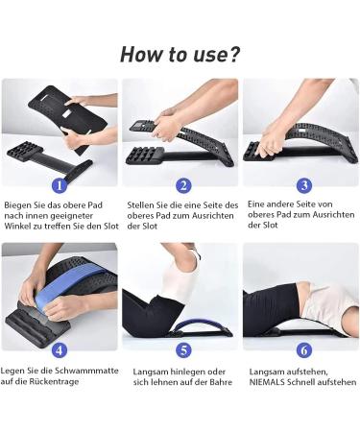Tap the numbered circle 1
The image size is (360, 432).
[59, 185]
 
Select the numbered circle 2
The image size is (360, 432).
[182, 185]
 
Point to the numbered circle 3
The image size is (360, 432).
[303, 185]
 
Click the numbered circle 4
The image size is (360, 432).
[59, 349]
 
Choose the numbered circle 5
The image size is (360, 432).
[182, 349]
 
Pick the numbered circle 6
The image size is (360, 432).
[303, 349]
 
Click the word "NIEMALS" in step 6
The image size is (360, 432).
[272, 381]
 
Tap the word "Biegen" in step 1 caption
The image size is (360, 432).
[20, 204]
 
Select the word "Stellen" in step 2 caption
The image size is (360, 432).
[143, 204]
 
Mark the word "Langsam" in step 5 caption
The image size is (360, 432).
[145, 370]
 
